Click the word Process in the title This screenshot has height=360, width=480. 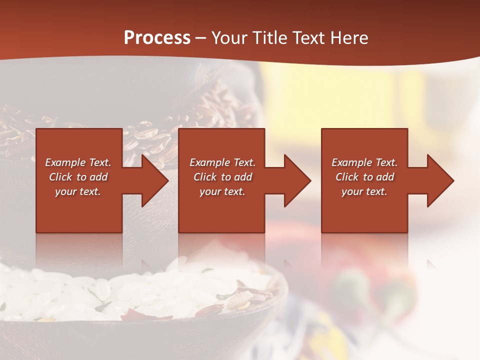157,38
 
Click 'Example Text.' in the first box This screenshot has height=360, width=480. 78,162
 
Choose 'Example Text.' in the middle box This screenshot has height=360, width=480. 222,162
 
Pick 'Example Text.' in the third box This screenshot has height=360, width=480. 364,162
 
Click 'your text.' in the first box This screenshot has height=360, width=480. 78,191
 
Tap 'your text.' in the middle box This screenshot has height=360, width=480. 222,191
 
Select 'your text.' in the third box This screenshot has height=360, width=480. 364,191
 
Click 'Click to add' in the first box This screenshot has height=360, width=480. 78,177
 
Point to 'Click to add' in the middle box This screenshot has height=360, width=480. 222,177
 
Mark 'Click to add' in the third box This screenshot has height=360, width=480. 364,177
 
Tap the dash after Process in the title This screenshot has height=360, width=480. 201,38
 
